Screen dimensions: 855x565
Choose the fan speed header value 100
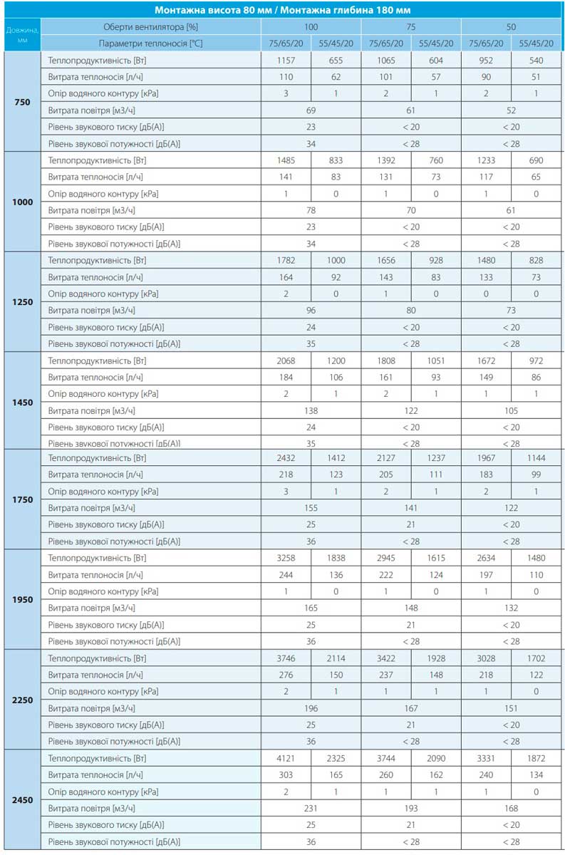(x=311, y=26)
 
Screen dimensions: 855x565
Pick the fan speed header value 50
(x=511, y=26)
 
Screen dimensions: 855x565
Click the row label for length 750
(x=22, y=102)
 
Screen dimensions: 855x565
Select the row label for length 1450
(x=22, y=402)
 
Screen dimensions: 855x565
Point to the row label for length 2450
(x=22, y=800)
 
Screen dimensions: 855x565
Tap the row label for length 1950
(x=22, y=599)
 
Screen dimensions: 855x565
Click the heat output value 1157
(x=286, y=61)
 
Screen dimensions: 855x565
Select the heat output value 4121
(x=286, y=758)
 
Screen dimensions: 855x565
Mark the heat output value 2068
(x=286, y=361)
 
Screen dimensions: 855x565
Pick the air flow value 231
(x=311, y=808)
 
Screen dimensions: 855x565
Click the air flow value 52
(x=511, y=110)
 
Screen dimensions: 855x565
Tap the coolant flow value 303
(x=286, y=774)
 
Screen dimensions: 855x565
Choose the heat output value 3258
(x=286, y=559)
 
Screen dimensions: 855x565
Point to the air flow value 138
(x=311, y=410)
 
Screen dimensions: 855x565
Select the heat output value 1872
(x=536, y=758)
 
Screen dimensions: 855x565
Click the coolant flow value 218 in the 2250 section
(x=486, y=675)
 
